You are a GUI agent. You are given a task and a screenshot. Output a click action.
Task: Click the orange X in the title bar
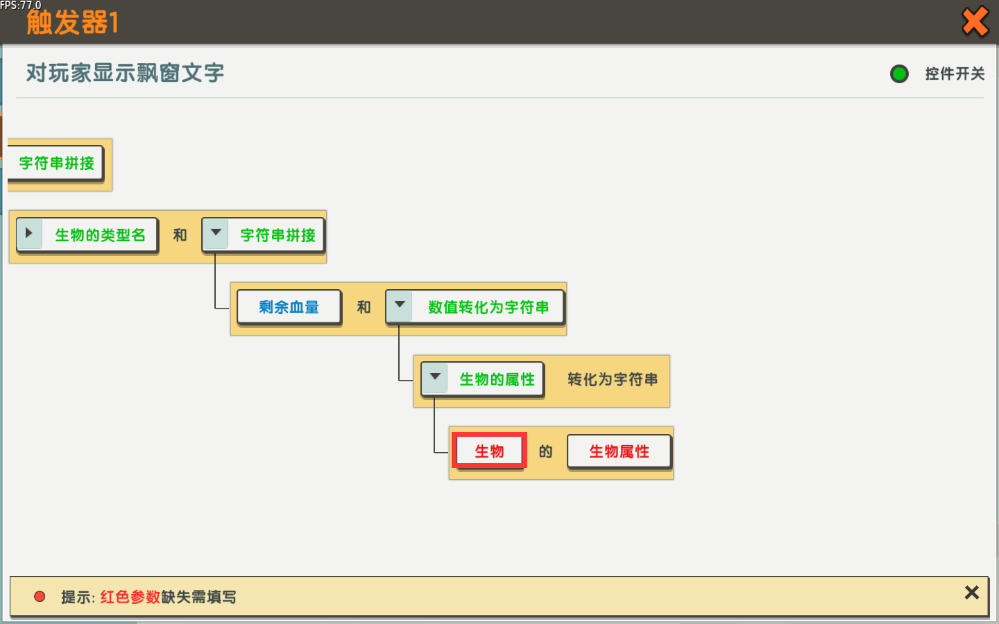975,21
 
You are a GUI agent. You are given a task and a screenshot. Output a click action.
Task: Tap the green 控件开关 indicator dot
899,73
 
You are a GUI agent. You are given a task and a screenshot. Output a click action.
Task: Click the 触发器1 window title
72,22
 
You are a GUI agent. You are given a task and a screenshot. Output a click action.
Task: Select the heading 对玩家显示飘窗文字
125,73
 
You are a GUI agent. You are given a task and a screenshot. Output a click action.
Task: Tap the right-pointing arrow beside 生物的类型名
29,233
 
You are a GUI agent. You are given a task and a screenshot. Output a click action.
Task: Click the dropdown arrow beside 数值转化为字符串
399,305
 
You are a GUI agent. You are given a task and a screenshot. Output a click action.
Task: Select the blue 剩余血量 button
289,307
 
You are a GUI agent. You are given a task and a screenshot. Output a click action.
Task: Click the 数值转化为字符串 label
488,307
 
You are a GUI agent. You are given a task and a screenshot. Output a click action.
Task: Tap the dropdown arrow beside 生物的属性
435,377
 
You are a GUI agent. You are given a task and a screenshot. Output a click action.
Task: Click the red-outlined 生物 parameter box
489,451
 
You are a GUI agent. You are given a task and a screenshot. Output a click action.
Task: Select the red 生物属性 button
619,451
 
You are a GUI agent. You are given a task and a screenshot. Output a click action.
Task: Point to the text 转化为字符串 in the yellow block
613,379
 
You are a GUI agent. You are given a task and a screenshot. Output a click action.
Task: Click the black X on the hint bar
972,593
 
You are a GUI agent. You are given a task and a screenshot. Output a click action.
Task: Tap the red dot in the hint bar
40,596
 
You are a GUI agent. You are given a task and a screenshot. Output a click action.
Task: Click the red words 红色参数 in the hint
130,597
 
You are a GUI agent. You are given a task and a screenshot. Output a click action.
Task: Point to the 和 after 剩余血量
364,307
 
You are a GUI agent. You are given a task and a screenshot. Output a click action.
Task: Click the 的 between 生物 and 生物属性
545,451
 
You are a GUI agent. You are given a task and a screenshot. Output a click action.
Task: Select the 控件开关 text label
955,73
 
